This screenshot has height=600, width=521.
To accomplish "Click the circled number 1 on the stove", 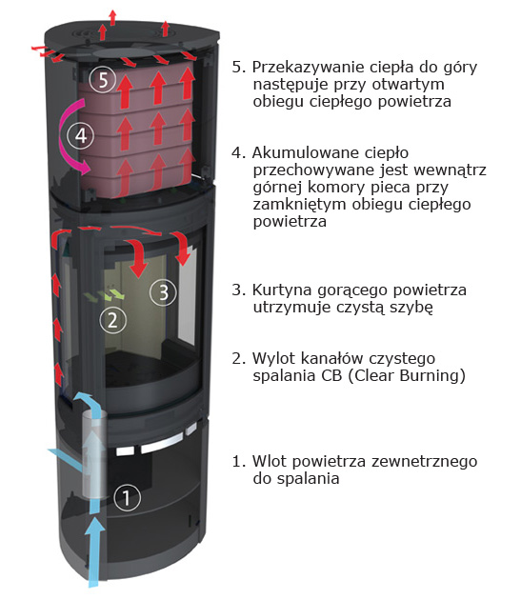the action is pyautogui.click(x=127, y=497).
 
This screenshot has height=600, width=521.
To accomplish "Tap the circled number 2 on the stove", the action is pyautogui.click(x=112, y=320).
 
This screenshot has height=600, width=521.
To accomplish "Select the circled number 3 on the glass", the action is pyautogui.click(x=163, y=292).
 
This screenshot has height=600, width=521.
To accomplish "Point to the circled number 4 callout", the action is pyautogui.click(x=80, y=135).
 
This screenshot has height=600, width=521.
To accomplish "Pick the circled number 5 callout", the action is pyautogui.click(x=103, y=80).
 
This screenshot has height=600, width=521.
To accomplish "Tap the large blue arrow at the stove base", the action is pyautogui.click(x=94, y=551).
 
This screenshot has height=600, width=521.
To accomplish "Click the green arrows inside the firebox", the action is pyautogui.click(x=104, y=295).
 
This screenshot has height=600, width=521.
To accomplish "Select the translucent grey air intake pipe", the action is pyautogui.click(x=93, y=454).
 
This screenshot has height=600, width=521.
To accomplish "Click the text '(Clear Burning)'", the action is pyautogui.click(x=406, y=376).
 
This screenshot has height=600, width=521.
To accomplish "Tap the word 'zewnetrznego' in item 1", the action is pyautogui.click(x=424, y=462).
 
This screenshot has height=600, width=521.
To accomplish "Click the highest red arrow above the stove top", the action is pyautogui.click(x=112, y=17).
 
